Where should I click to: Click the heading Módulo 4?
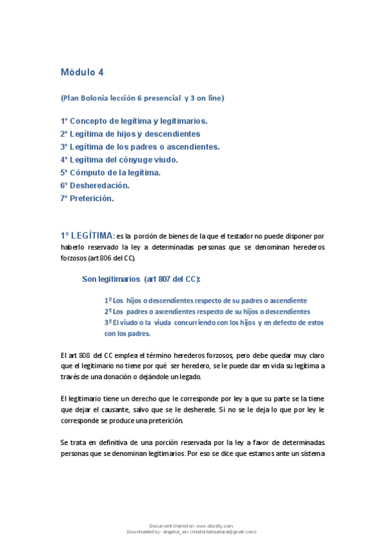81,72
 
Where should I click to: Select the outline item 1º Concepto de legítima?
133,120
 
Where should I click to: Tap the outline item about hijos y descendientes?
130,134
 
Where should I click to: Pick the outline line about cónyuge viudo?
119,159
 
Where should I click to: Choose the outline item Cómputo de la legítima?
110,172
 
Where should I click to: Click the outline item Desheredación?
95,185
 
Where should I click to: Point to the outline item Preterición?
87,198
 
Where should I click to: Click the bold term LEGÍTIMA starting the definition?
91,236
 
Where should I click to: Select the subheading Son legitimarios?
111,279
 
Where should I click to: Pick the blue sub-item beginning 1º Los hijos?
205,300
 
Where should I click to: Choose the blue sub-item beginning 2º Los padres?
206,311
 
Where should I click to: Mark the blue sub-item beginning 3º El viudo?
213,322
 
